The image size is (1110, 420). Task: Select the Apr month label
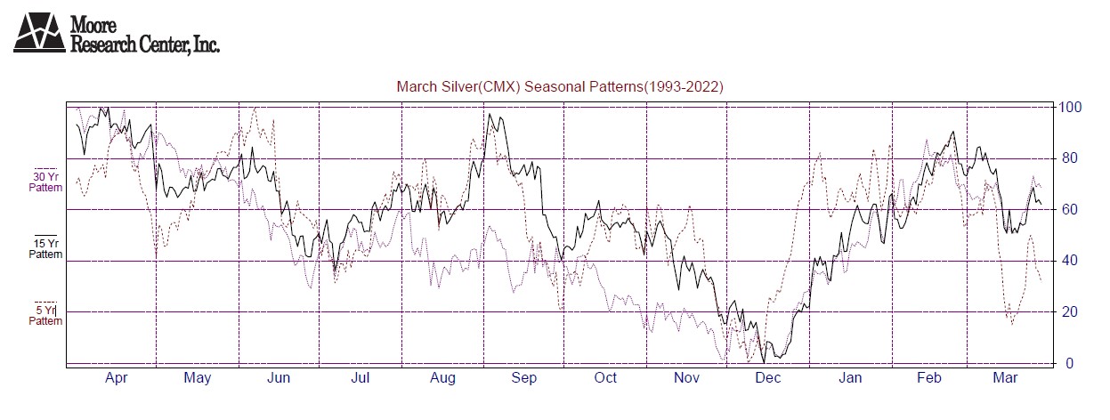[117, 379]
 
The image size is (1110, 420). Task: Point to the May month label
[198, 379]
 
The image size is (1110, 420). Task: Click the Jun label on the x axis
[279, 379]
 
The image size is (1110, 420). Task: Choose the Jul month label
[361, 379]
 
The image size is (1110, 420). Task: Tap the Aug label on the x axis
[442, 379]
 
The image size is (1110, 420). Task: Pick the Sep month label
[524, 379]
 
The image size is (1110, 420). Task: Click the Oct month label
[605, 379]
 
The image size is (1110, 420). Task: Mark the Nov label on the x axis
[687, 379]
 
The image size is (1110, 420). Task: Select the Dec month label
[768, 379]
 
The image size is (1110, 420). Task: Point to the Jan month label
[850, 379]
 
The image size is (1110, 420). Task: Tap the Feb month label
[930, 379]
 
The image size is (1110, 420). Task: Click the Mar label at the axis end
[1005, 379]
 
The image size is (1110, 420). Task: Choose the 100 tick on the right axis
[1068, 108]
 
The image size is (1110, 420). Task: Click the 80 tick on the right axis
[1065, 159]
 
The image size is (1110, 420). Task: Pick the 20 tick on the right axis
[1065, 312]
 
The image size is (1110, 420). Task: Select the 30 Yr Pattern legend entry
[45, 182]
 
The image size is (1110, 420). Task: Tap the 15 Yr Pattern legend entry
[45, 248]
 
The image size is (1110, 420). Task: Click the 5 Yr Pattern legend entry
[45, 315]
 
